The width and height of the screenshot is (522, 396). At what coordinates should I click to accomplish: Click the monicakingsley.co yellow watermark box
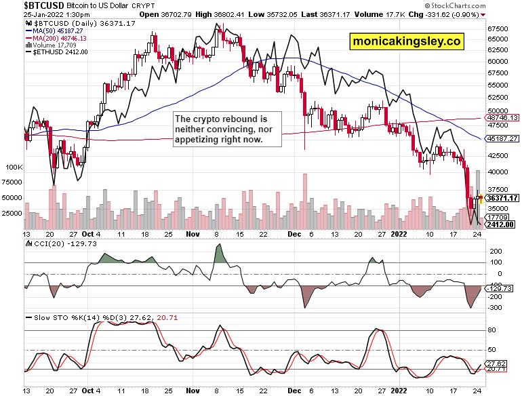pyautogui.click(x=407, y=41)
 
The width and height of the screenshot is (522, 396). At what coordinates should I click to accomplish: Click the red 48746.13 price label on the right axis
pyautogui.click(x=500, y=117)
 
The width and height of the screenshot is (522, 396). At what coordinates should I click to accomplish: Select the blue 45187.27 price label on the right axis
pyautogui.click(x=500, y=138)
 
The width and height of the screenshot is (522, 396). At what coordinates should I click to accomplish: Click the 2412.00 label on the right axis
pyautogui.click(x=500, y=224)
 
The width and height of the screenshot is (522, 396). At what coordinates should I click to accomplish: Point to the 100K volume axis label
pyautogui.click(x=14, y=167)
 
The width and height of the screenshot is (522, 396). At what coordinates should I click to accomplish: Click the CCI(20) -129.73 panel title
pyautogui.click(x=59, y=243)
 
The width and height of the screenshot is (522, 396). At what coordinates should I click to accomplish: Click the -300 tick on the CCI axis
pyautogui.click(x=494, y=308)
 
